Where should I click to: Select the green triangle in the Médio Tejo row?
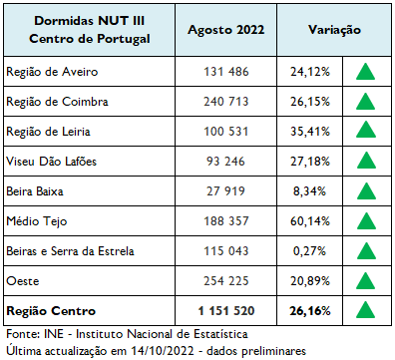tap(366, 219)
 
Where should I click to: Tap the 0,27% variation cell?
tap(311, 249)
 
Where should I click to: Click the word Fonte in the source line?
tap(22, 334)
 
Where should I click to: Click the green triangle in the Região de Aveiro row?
tap(366, 73)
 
